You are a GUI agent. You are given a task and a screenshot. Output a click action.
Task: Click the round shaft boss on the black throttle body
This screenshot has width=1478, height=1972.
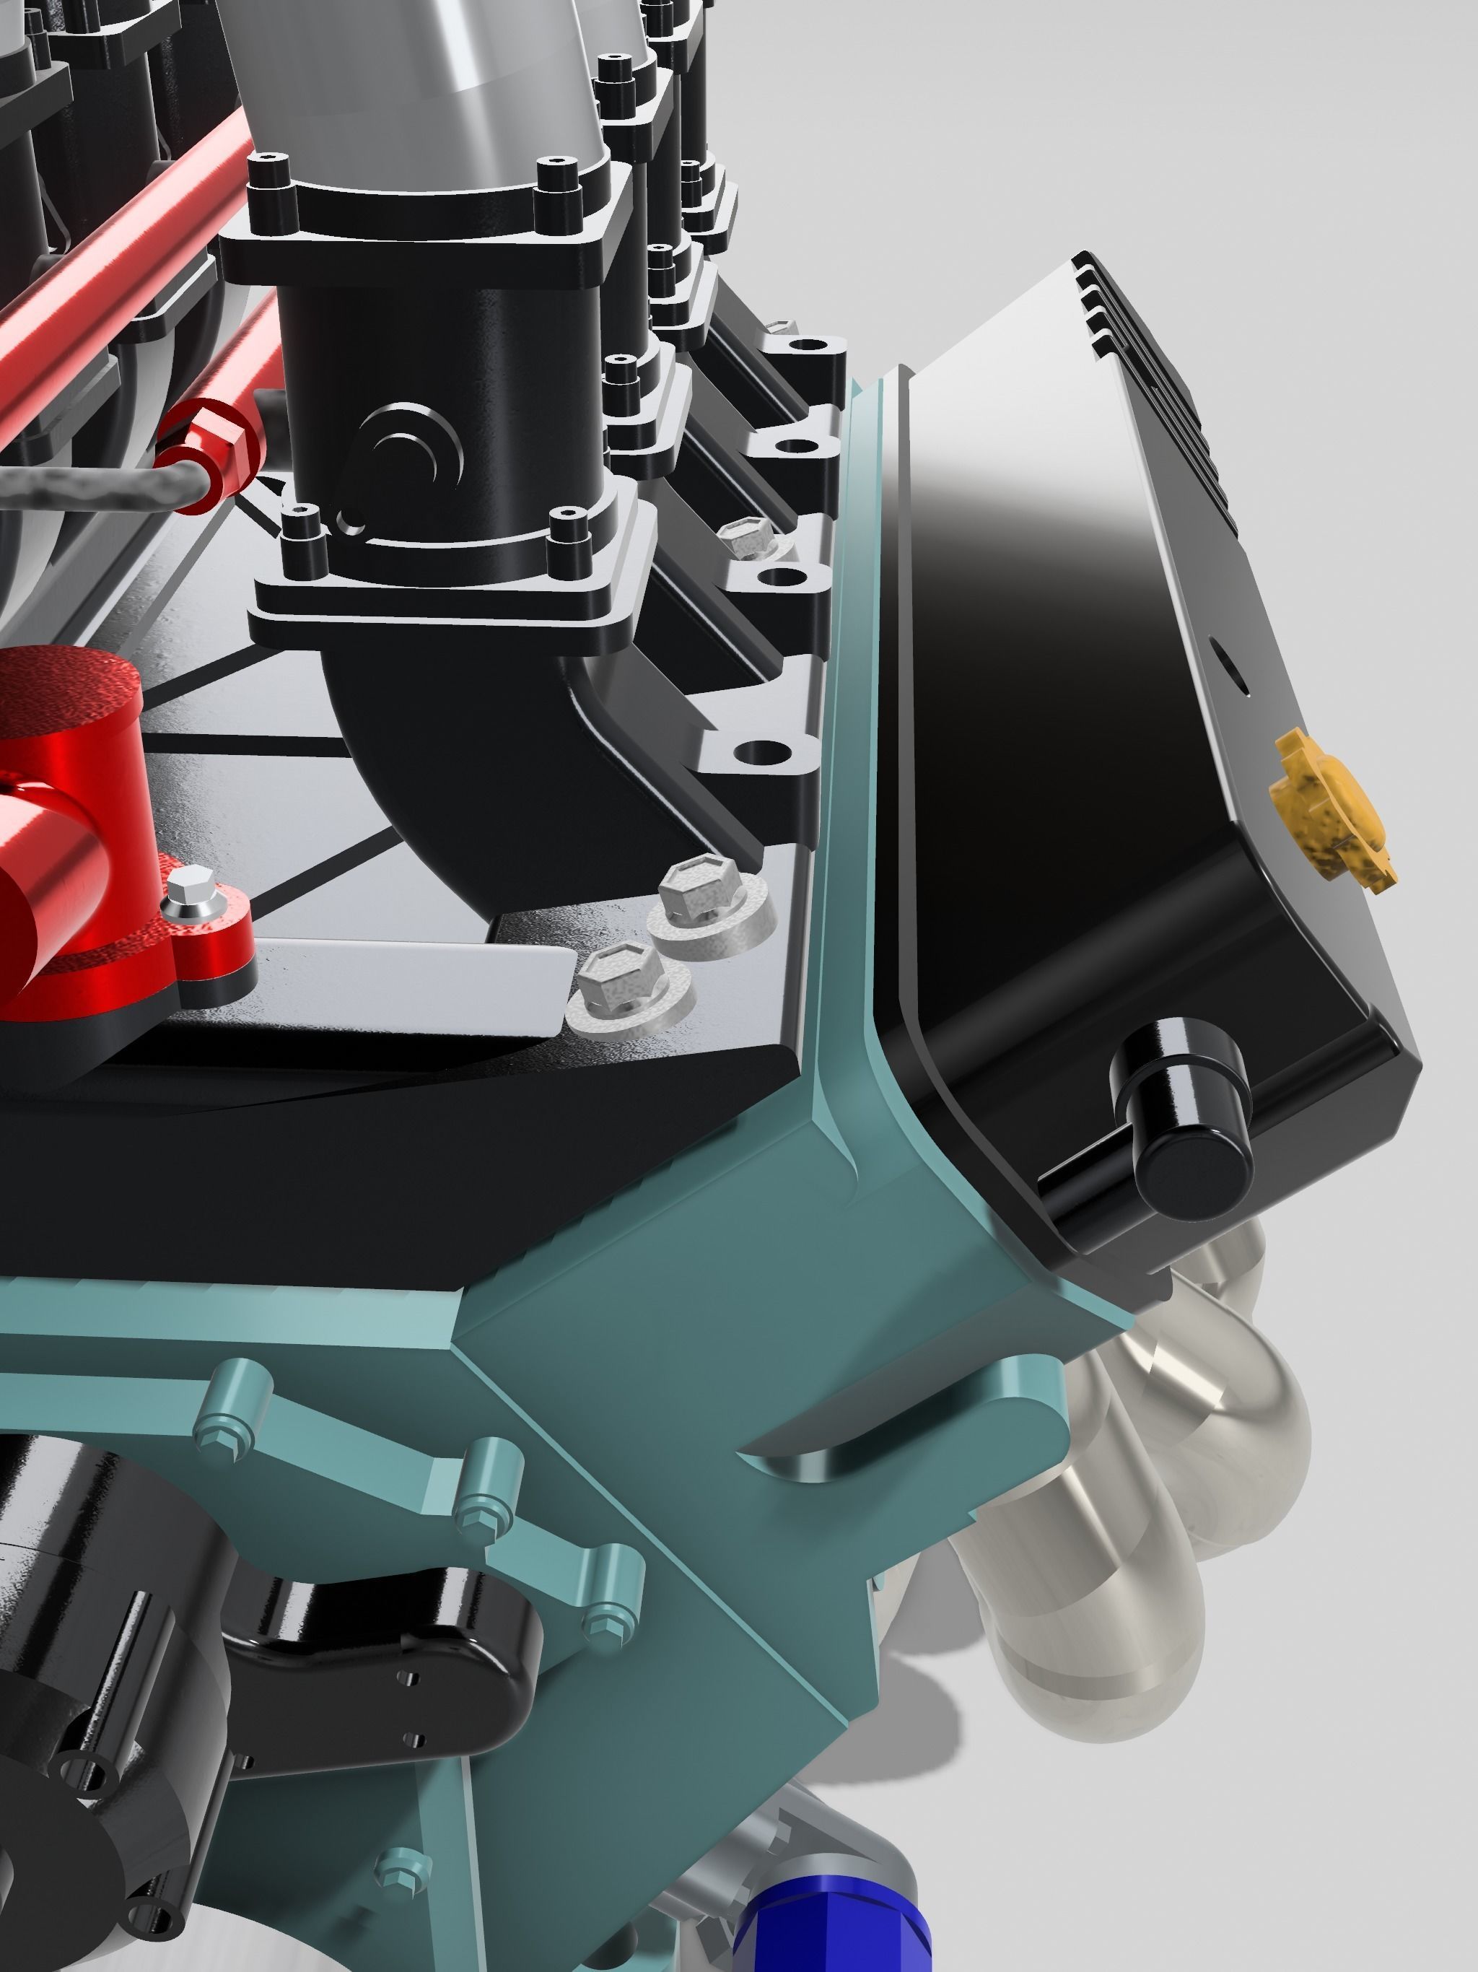tap(413, 451)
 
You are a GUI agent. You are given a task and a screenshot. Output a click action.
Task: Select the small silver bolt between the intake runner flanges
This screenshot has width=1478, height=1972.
tap(747, 538)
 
